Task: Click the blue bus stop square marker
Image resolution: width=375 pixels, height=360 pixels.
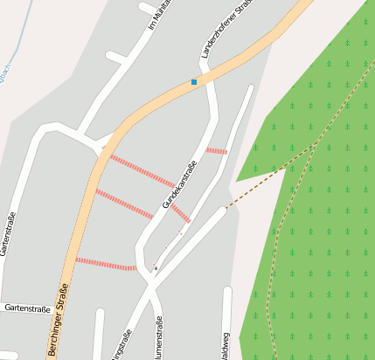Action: (194, 82)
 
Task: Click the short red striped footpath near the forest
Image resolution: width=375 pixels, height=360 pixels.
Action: (217, 151)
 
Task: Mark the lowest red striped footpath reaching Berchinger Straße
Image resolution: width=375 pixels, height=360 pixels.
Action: (105, 263)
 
